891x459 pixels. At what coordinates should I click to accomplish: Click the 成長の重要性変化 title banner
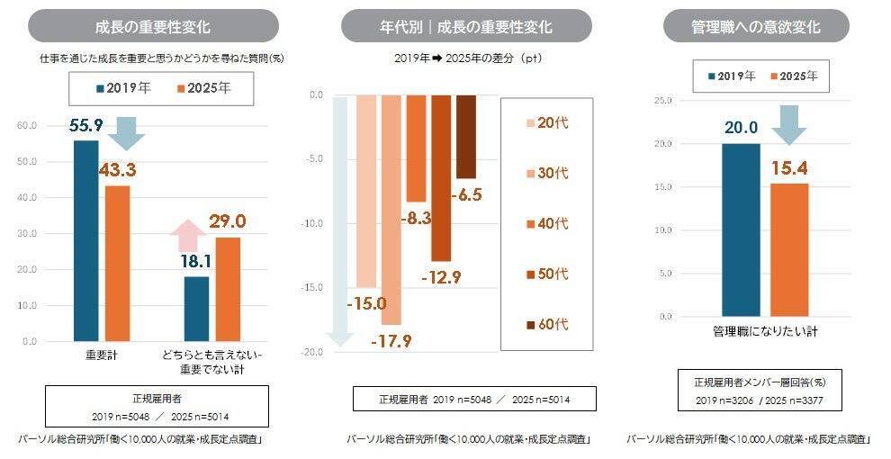(x=153, y=26)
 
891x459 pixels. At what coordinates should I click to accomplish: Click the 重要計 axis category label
(x=101, y=356)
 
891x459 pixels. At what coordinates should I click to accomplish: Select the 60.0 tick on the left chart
(x=27, y=126)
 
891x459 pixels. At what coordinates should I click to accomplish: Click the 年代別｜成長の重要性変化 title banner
(x=466, y=26)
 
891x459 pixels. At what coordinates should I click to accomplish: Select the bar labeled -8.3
(x=416, y=148)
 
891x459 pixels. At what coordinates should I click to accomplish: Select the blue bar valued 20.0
(x=740, y=229)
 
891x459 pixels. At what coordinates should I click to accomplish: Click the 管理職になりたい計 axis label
(x=764, y=332)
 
